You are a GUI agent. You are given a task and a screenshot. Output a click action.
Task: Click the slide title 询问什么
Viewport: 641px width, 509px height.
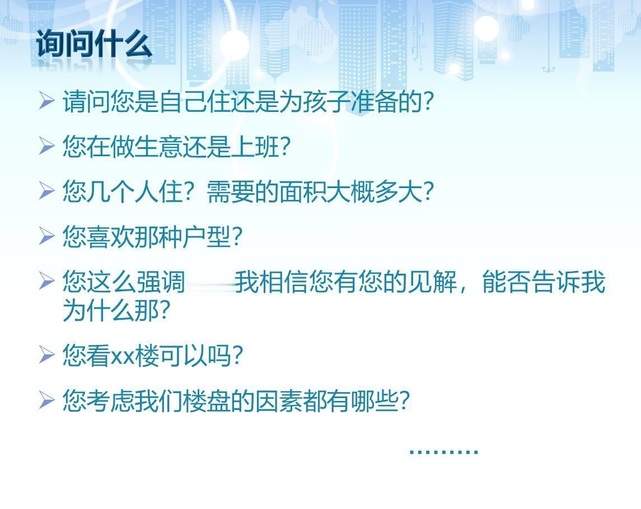95,43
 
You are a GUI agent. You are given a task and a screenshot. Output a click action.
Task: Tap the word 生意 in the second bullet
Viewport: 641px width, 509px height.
158,146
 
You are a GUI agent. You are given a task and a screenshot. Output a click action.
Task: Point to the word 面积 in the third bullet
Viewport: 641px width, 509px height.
302,192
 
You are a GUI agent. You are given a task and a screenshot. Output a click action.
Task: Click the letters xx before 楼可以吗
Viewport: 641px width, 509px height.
123,357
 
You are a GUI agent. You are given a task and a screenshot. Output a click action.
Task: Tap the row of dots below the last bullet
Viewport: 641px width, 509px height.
444,452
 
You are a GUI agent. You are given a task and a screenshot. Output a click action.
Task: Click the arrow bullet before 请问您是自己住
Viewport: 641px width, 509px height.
46,101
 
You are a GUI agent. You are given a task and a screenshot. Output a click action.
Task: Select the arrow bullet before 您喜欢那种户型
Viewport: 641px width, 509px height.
46,236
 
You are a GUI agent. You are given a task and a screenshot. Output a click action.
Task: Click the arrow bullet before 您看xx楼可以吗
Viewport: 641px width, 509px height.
46,354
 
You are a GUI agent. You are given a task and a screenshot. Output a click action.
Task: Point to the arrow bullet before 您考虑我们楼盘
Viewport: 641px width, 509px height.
46,399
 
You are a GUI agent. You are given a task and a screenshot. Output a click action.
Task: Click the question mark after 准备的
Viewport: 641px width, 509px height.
428,102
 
